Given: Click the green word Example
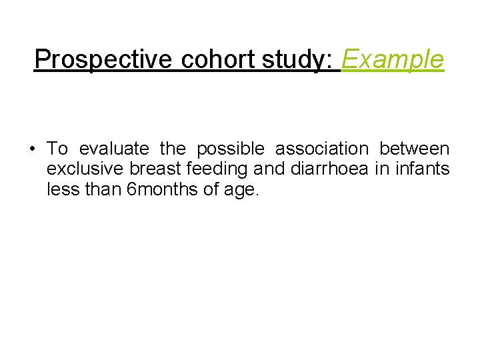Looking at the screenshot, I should coord(392,60).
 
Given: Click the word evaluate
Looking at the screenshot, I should coord(114,148).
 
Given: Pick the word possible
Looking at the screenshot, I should coord(230,148).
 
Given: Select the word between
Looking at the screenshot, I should coord(415,148).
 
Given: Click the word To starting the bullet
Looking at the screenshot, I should coord(57,148).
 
